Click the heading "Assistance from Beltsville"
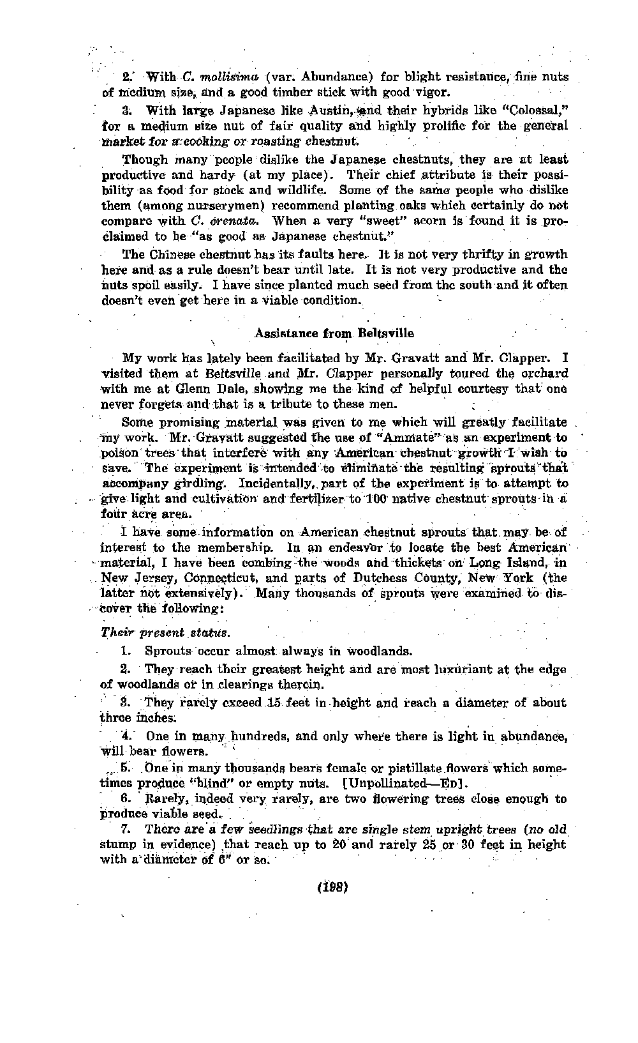pos(334,333)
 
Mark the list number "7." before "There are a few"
pos(126,829)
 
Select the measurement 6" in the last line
pos(231,860)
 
